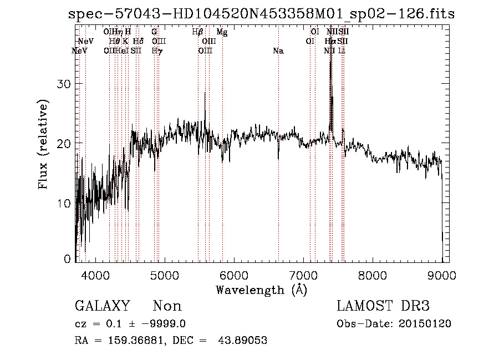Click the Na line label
pyautogui.click(x=278, y=51)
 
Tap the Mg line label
pyautogui.click(x=222, y=32)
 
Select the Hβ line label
pyautogui.click(x=197, y=32)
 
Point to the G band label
pyautogui.click(x=154, y=32)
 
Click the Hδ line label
pyautogui.click(x=138, y=41)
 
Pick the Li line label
pyautogui.click(x=342, y=51)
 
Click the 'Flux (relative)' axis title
pyautogui.click(x=43, y=145)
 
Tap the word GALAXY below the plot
pyautogui.click(x=102, y=306)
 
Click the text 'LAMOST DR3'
pyautogui.click(x=383, y=306)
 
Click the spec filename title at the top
pyautogui.click(x=261, y=14)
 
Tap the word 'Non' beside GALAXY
pyautogui.click(x=167, y=306)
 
